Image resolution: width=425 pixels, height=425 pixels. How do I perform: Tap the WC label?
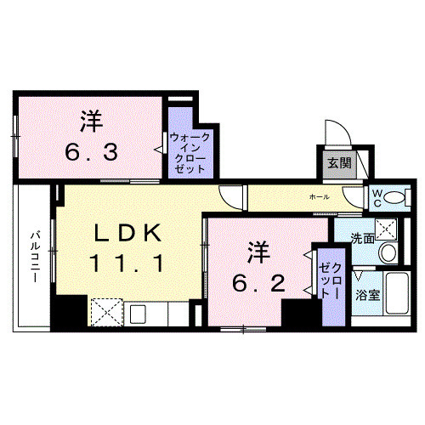tap(375, 197)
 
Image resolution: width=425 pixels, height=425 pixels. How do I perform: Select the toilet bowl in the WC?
tap(396, 198)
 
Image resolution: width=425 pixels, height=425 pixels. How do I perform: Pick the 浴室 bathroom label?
tap(367, 295)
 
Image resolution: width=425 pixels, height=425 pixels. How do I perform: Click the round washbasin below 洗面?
tap(388, 252)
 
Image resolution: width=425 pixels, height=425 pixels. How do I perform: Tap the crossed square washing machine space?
tap(386, 228)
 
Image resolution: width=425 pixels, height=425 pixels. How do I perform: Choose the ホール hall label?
tap(320, 197)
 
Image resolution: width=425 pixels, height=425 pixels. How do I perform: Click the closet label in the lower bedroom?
tap(329, 280)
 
